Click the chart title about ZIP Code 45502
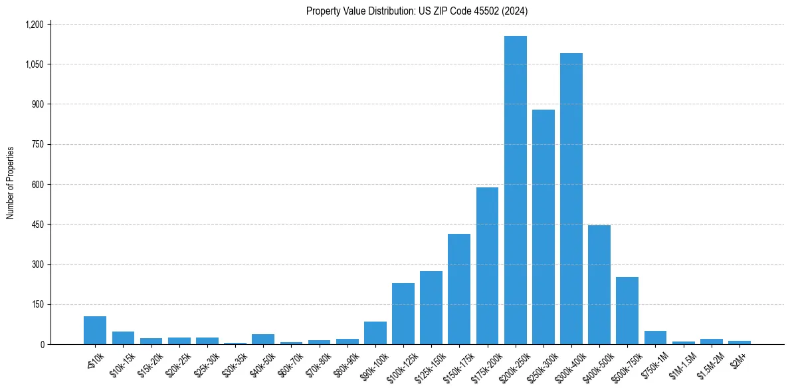click(x=417, y=11)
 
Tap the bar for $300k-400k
click(x=571, y=199)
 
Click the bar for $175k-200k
click(x=487, y=266)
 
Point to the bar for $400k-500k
click(x=599, y=285)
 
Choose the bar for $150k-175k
click(x=459, y=289)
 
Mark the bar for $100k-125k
click(x=403, y=314)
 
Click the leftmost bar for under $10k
click(x=95, y=330)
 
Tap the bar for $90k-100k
click(x=375, y=333)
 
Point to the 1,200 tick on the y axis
click(x=34, y=25)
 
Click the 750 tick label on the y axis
click(x=37, y=144)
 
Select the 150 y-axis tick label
click(x=37, y=304)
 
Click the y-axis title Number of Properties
click(x=11, y=183)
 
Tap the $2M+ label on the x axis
click(x=738, y=359)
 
